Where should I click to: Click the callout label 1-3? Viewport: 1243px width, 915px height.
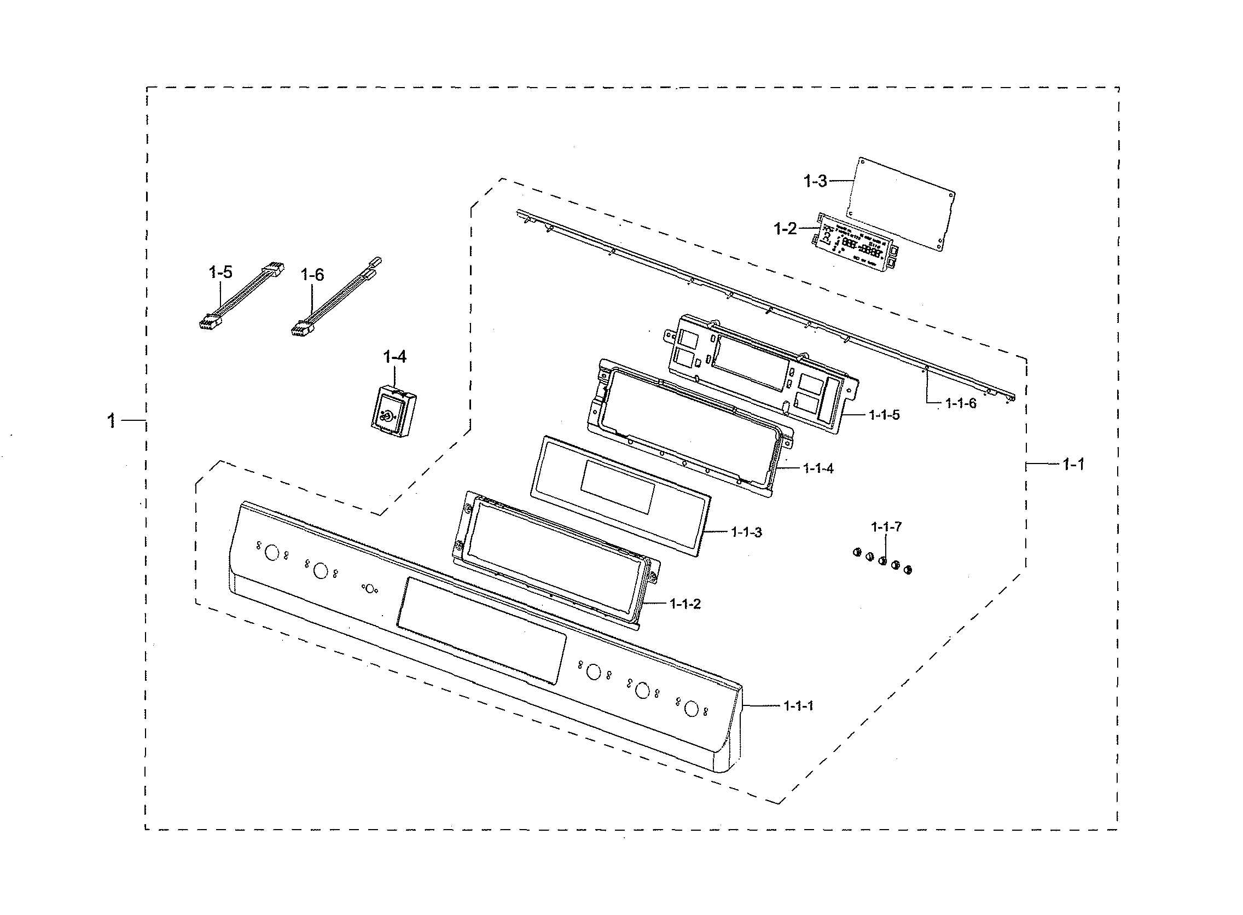[815, 181]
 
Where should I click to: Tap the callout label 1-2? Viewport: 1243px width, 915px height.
[785, 228]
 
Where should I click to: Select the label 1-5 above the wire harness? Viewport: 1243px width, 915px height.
[220, 272]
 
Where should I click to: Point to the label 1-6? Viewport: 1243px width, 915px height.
[312, 274]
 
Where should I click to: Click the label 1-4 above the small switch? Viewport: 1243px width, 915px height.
[395, 357]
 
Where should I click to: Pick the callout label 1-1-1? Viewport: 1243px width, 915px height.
[798, 705]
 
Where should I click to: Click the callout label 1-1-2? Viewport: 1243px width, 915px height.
[685, 604]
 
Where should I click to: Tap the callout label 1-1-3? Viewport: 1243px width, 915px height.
[746, 532]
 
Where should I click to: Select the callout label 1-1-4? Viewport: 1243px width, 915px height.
[818, 468]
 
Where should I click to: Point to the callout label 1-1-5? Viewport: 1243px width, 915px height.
[884, 415]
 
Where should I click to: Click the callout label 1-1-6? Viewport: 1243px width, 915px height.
[961, 403]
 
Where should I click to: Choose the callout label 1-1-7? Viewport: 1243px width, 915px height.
[886, 527]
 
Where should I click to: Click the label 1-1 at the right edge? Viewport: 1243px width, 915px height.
[1073, 465]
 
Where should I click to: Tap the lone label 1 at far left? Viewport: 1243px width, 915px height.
[111, 421]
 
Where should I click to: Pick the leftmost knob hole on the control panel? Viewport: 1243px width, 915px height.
[272, 552]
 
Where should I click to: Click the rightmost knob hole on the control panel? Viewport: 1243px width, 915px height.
[691, 708]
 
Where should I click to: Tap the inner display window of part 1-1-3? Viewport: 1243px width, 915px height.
[617, 486]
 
